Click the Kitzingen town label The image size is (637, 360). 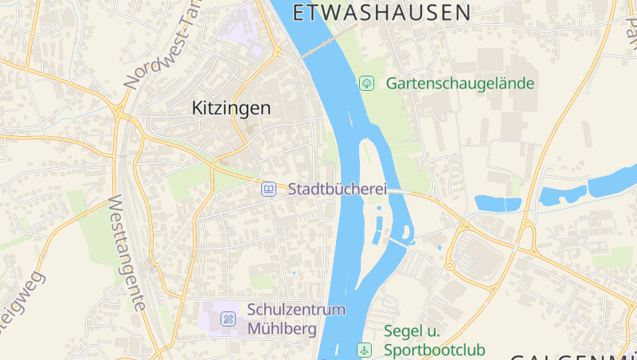pos(231,108)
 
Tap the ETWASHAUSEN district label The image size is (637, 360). pos(381,12)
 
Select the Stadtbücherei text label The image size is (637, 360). pos(337,189)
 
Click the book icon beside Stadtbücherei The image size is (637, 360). pos(269,189)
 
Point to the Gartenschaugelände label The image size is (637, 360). pos(459,83)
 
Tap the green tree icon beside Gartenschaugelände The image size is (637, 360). pos(366,83)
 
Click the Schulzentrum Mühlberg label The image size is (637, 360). pos(295,319)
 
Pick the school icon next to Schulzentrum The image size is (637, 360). pos(228,319)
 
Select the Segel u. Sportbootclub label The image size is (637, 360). pos(434,340)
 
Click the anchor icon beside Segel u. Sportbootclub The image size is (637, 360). pos(365,350)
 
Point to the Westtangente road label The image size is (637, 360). pos(127,252)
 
